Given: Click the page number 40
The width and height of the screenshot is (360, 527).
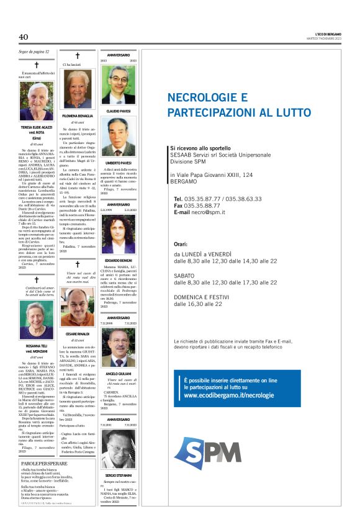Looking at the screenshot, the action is point(24,37).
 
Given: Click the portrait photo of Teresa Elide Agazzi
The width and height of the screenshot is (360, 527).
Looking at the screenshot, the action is point(37,101).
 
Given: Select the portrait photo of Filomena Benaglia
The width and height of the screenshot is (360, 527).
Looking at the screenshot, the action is point(78,91).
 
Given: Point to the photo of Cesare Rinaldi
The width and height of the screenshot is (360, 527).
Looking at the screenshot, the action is point(78,308).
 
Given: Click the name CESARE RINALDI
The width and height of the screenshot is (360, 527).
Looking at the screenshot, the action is point(78,335).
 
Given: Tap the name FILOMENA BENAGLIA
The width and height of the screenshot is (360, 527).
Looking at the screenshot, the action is point(78,116).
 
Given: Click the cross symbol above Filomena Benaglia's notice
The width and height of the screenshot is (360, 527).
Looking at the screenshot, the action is point(78,56).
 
